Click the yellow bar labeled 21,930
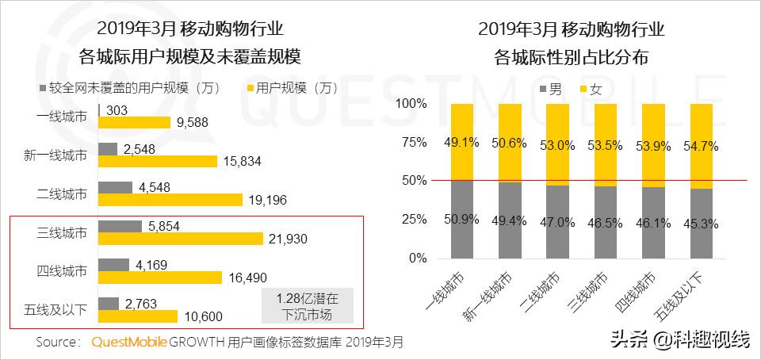pos(180,239)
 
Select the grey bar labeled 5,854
pos(120,226)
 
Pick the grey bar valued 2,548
pos(109,148)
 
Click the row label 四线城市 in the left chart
pos(61,271)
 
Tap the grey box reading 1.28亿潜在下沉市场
pos(308,307)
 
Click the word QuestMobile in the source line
pos(129,343)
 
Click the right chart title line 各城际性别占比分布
pos(571,57)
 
